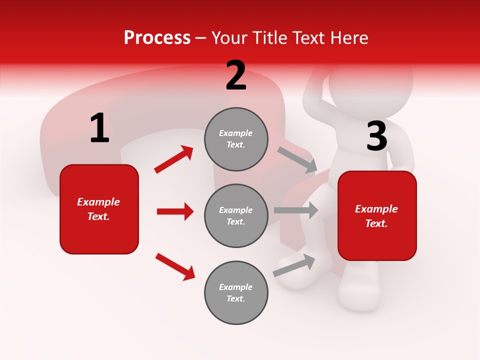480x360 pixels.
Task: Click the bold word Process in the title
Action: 157,38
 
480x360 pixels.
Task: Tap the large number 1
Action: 99,128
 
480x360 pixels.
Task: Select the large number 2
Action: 236,76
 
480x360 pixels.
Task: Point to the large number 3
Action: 376,137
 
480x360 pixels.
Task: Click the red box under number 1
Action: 99,209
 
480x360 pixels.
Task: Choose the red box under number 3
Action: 377,216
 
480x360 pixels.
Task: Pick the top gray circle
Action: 236,139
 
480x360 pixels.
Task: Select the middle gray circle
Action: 236,216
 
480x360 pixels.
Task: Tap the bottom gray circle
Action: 236,293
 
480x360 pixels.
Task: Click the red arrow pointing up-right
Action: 174,159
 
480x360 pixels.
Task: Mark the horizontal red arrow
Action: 175,211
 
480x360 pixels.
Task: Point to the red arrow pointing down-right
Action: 175,266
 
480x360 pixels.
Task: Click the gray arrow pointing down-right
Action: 297,160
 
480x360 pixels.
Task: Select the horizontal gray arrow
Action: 296,210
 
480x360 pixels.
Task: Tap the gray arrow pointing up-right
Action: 294,265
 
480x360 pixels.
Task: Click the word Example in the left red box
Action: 98,202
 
